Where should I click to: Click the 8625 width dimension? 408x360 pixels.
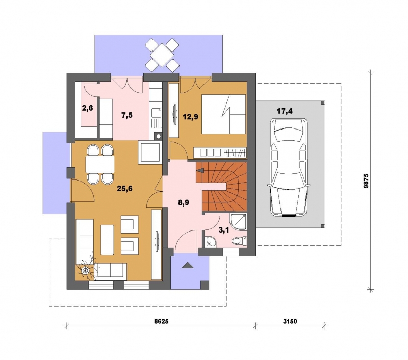tap(161, 321)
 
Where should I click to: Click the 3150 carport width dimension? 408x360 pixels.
tap(290, 321)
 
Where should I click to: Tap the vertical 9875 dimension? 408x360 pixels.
tap(366, 181)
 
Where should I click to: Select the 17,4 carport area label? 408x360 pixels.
tap(285, 111)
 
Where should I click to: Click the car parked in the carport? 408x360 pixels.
tap(289, 167)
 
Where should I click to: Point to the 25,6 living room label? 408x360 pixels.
tap(124, 189)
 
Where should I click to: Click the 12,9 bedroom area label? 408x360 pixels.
tap(190, 117)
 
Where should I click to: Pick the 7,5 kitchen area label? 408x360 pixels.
tap(127, 115)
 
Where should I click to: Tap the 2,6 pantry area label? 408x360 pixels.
tap(87, 108)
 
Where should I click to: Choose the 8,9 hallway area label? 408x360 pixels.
tap(184, 203)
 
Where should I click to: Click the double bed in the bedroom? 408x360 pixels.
tap(224, 114)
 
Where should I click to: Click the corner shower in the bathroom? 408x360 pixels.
tap(238, 222)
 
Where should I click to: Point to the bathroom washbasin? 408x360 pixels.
tap(210, 242)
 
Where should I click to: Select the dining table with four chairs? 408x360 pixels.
tap(100, 164)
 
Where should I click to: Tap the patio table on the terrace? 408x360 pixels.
tap(162, 55)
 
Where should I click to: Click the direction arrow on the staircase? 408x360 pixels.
tap(200, 170)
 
